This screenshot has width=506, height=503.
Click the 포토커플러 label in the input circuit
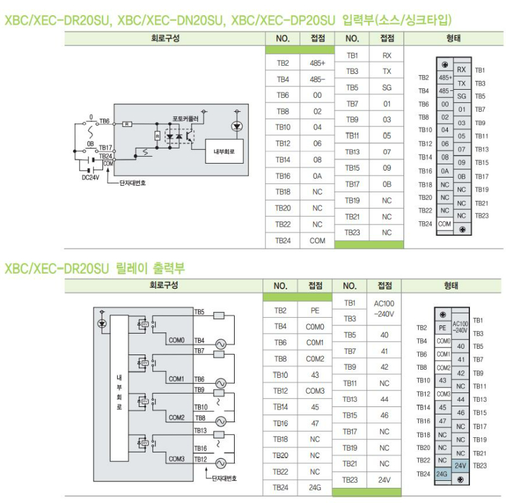(185, 118)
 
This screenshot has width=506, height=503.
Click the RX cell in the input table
(386, 56)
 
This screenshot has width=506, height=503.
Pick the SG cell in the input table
(386, 88)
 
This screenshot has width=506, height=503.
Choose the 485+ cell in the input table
(317, 63)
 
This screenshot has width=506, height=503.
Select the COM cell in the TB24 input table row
(317, 241)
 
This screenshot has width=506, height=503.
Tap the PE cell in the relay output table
(315, 310)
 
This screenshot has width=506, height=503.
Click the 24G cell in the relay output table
(315, 488)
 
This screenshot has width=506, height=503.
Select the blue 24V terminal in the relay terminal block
(460, 466)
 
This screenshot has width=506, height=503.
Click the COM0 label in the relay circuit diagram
(176, 340)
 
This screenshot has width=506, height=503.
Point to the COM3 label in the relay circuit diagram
(176, 459)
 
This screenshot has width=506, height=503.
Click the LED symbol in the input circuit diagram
(237, 126)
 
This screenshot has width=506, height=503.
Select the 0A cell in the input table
(317, 176)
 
